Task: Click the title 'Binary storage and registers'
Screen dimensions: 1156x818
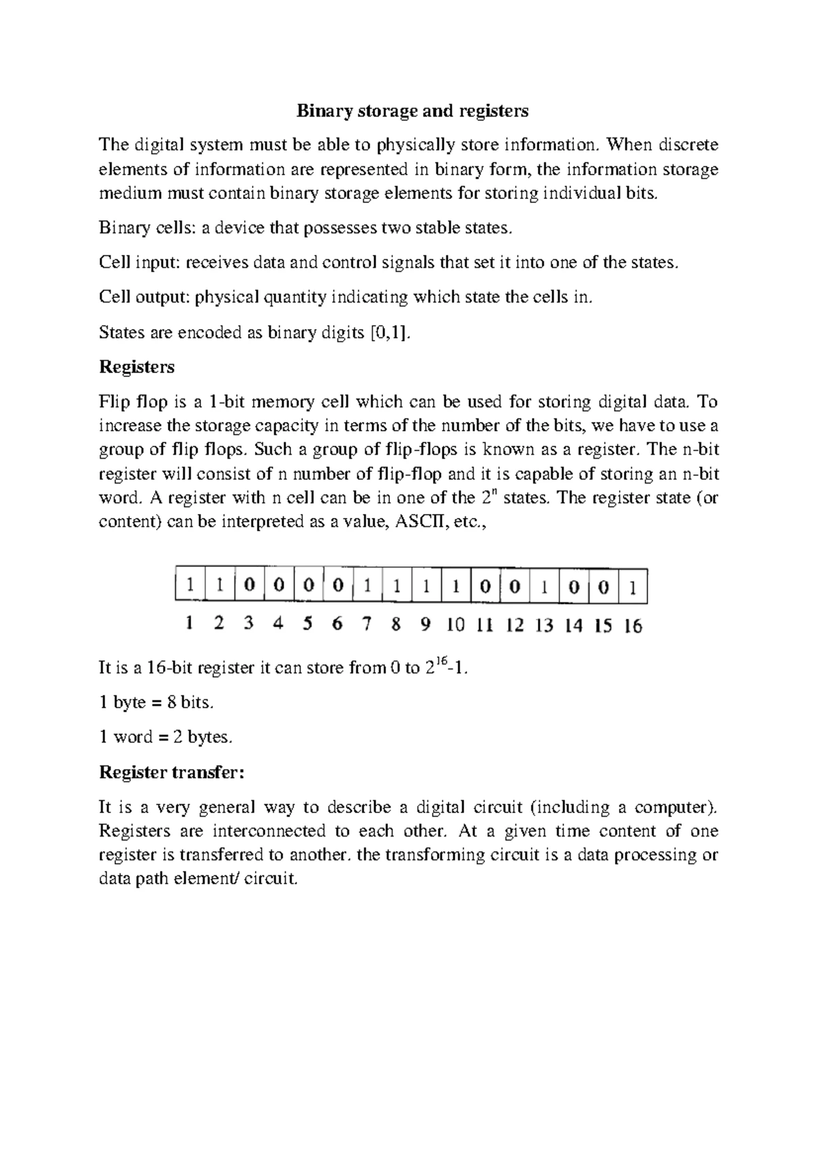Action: point(412,110)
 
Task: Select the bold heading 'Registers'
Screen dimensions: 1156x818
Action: point(137,367)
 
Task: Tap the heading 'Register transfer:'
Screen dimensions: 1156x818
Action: point(171,772)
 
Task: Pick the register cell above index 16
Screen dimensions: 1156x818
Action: point(633,586)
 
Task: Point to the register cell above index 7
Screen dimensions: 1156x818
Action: point(367,586)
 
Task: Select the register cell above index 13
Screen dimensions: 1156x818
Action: point(544,586)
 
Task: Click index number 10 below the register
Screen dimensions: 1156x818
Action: point(455,625)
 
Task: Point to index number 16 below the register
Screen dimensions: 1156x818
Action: point(633,625)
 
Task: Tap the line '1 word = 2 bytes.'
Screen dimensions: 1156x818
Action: point(166,737)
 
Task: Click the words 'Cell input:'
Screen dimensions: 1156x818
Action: point(140,262)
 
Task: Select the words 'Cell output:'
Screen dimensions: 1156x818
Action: point(145,297)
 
